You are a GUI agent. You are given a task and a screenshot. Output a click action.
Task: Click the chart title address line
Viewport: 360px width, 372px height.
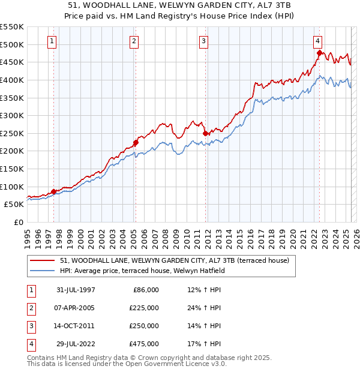[x=179, y=4]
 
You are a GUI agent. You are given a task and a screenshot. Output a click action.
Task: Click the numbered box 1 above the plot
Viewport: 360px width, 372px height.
[x=53, y=41]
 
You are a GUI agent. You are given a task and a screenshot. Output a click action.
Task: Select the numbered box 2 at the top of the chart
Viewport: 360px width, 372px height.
[x=134, y=41]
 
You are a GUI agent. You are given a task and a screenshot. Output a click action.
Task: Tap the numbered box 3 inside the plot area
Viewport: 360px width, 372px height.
[x=204, y=41]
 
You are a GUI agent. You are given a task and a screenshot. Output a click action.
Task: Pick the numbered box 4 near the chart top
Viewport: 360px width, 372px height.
[x=317, y=41]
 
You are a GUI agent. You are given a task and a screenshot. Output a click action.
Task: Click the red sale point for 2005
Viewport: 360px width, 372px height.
[x=136, y=142]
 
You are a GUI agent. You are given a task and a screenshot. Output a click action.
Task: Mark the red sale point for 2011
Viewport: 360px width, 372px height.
[x=205, y=133]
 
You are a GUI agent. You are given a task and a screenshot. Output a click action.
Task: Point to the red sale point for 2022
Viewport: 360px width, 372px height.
[x=319, y=53]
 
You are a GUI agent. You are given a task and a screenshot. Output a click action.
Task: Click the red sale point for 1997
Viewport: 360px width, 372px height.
[x=54, y=191]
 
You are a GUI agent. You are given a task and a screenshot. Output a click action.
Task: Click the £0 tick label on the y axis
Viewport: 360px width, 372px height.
[x=18, y=222]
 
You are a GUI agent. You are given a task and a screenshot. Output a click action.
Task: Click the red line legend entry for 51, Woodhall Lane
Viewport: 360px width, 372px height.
[x=175, y=260]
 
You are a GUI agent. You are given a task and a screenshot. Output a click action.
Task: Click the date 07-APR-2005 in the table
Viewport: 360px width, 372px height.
[x=76, y=308]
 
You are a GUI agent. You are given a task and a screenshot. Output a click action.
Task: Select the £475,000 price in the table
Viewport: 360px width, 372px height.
[x=144, y=344]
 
